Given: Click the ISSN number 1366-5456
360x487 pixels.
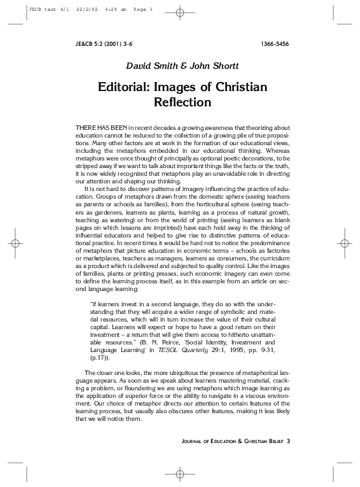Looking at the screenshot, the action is (273, 44).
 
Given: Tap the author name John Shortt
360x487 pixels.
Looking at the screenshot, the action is (209, 65).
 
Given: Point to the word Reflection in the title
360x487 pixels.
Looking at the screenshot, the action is (182, 101).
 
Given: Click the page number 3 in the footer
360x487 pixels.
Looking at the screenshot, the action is (288, 441).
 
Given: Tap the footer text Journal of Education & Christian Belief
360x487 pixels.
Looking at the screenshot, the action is (228, 441).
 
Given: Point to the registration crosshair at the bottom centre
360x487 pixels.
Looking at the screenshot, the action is (179, 474).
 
